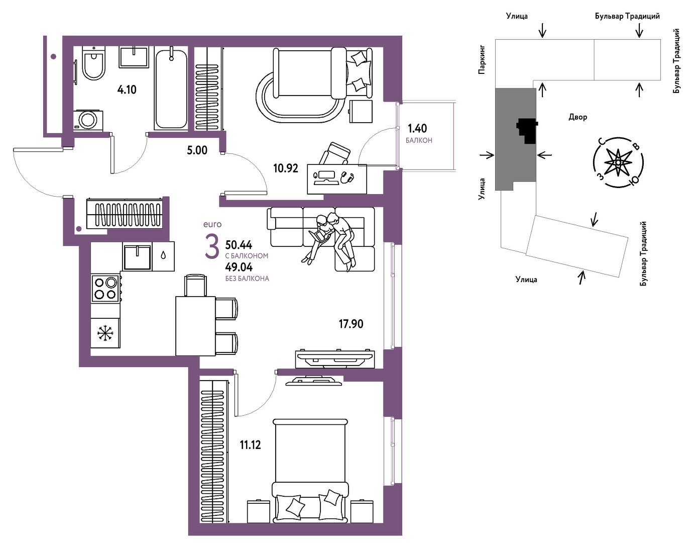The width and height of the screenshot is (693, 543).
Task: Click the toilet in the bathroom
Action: [93, 63]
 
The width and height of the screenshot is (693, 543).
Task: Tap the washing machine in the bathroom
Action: [88, 120]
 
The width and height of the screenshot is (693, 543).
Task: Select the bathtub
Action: [171, 89]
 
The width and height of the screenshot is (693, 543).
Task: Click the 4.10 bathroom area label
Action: [127, 89]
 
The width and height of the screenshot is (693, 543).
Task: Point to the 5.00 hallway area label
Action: [197, 150]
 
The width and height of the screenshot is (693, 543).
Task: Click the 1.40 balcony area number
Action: [417, 128]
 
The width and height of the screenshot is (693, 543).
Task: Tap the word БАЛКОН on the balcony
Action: [419, 140]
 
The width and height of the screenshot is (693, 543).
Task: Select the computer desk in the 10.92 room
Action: [337, 179]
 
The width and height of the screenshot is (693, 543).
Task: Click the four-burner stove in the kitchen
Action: [105, 289]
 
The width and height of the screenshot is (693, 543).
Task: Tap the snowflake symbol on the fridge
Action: [105, 333]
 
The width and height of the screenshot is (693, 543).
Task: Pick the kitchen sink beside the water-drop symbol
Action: [137, 257]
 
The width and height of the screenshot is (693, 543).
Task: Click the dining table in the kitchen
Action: [195, 326]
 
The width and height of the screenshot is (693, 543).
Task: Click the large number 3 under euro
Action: [212, 246]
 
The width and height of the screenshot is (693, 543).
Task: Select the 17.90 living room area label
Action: [351, 324]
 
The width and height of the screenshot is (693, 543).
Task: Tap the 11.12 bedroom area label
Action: [251, 444]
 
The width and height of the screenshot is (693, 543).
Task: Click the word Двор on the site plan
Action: [577, 117]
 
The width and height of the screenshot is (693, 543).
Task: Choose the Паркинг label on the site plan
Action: [482, 60]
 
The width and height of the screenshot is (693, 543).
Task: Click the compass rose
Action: [618, 163]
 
